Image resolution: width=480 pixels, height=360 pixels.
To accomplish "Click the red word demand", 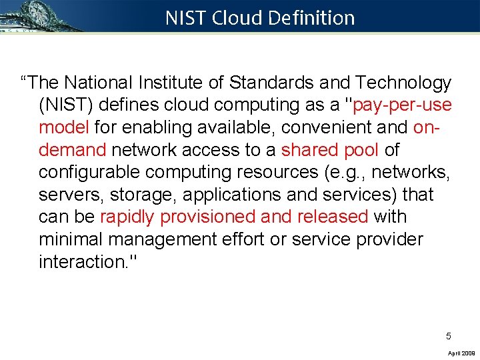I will (73, 150).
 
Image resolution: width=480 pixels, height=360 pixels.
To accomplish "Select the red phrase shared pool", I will (330, 150).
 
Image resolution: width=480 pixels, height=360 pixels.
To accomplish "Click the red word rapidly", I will (129, 217).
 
